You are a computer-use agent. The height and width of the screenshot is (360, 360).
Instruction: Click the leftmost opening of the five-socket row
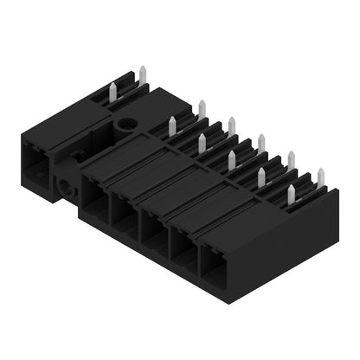[96, 202]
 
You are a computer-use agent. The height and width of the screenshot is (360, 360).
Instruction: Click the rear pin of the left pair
[141, 74]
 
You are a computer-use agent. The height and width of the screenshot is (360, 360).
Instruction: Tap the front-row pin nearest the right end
[292, 191]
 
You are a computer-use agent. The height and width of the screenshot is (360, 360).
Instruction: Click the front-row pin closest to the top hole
[172, 126]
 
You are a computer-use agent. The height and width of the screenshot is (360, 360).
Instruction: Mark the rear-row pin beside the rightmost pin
[292, 159]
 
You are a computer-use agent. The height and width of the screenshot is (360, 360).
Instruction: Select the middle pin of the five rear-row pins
[261, 142]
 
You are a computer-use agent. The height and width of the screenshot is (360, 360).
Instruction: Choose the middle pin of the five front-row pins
[232, 159]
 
